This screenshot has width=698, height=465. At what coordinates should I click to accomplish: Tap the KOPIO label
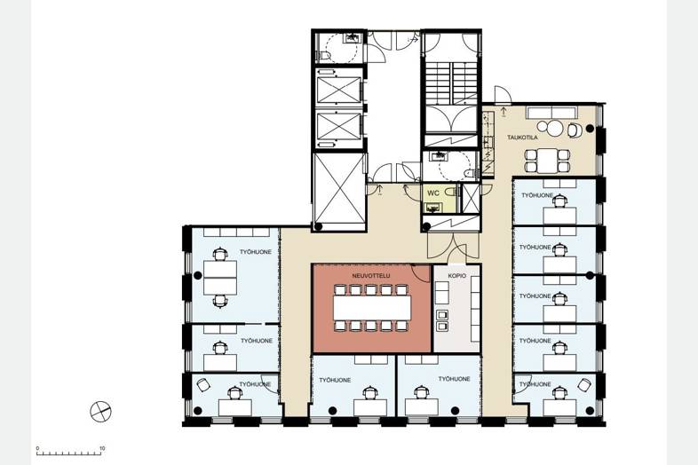(x=457, y=276)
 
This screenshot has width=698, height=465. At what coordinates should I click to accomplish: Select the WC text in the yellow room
(x=433, y=193)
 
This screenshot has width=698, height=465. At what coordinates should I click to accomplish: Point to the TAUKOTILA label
(x=522, y=138)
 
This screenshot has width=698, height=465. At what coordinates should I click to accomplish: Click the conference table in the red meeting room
(x=372, y=308)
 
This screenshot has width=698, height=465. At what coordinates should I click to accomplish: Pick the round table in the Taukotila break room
(x=555, y=129)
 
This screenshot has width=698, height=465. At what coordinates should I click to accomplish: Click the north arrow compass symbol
(x=100, y=411)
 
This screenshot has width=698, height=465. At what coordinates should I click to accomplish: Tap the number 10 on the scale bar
(x=102, y=448)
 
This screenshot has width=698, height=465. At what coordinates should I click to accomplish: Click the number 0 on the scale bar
(x=37, y=448)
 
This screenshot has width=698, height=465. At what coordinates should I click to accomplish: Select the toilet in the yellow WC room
(x=452, y=193)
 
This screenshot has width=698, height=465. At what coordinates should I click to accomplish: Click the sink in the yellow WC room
(x=432, y=208)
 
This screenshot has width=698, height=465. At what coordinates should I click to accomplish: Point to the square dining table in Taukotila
(x=547, y=161)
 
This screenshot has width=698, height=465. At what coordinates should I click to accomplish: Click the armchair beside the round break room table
(x=575, y=130)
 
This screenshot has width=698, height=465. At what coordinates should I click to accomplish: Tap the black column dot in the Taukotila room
(x=590, y=129)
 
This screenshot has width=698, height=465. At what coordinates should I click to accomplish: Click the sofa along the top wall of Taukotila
(x=552, y=113)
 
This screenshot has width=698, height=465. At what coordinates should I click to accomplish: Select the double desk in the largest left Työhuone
(x=220, y=278)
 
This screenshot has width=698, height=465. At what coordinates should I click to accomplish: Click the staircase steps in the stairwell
(x=451, y=82)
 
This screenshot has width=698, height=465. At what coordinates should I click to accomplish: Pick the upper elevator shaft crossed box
(x=339, y=90)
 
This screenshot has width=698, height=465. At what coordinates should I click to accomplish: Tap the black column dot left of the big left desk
(x=198, y=276)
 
